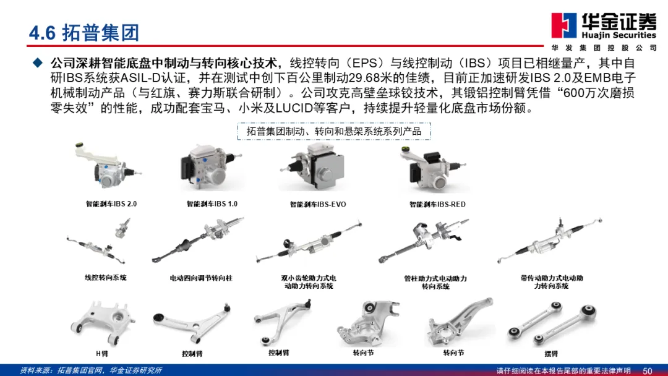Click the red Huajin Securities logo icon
pos(564,25)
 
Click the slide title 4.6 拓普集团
pos(84,33)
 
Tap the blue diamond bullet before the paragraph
pos(38,63)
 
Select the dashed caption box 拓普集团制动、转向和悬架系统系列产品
pos(334,131)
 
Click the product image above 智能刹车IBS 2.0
pos(108,167)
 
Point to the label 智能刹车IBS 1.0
pos(212,204)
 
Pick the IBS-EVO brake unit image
pos(313,167)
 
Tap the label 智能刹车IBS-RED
pos(437,205)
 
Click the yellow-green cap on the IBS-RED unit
pos(405,149)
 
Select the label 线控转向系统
pos(106,278)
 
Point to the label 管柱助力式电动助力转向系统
pos(435,283)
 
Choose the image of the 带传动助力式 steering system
pos(550,241)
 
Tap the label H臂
pos(102,354)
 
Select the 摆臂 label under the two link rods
pos(551,354)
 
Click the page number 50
pos(647,371)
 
